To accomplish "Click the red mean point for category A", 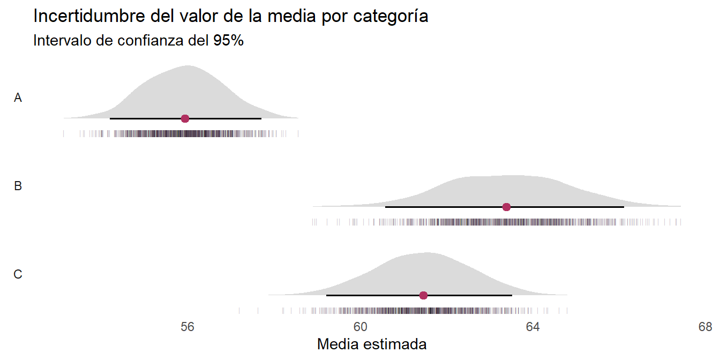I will (185, 118).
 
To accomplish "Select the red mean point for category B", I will (506, 207).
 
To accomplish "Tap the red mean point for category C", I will (423, 295).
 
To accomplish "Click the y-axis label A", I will (18, 98).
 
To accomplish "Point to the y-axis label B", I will (18, 186).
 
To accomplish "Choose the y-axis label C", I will (18, 275).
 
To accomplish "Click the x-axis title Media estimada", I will (372, 344).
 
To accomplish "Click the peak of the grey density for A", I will (187, 66).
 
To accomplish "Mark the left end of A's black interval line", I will (110, 118).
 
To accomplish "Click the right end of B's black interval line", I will (624, 207).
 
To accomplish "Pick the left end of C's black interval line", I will (327, 295).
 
